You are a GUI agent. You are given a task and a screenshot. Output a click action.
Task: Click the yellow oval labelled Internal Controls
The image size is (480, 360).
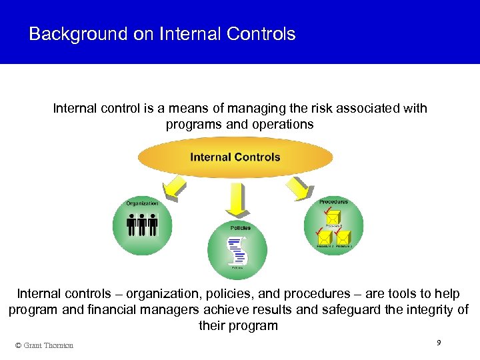pos(235,158)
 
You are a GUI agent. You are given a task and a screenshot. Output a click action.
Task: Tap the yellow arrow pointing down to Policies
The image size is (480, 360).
pos(235,198)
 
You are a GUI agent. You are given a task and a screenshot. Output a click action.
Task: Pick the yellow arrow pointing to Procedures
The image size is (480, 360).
pos(297,189)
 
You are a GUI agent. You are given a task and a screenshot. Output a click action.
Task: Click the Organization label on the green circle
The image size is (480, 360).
pos(143,203)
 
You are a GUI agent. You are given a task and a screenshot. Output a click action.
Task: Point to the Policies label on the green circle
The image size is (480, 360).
pos(241,228)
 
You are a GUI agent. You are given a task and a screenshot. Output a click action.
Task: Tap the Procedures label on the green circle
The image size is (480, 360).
pos(333,201)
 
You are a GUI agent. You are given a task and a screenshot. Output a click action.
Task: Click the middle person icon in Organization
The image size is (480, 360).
pos(143,225)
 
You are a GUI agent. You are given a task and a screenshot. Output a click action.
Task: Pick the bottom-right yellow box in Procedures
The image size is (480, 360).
pos(343,236)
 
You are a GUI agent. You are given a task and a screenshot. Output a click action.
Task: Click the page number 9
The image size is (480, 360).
pos(438,342)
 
